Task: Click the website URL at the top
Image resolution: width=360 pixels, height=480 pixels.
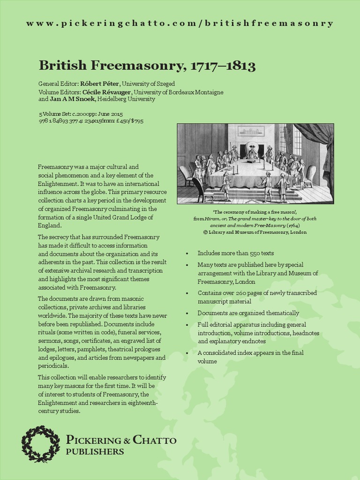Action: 180,23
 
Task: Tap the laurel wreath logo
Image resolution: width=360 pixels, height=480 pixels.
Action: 40,443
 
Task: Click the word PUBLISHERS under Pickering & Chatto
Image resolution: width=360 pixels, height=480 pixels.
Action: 95,452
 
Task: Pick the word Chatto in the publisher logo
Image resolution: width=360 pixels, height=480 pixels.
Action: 155,440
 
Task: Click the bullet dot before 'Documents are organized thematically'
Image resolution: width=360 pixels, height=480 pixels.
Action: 187,313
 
